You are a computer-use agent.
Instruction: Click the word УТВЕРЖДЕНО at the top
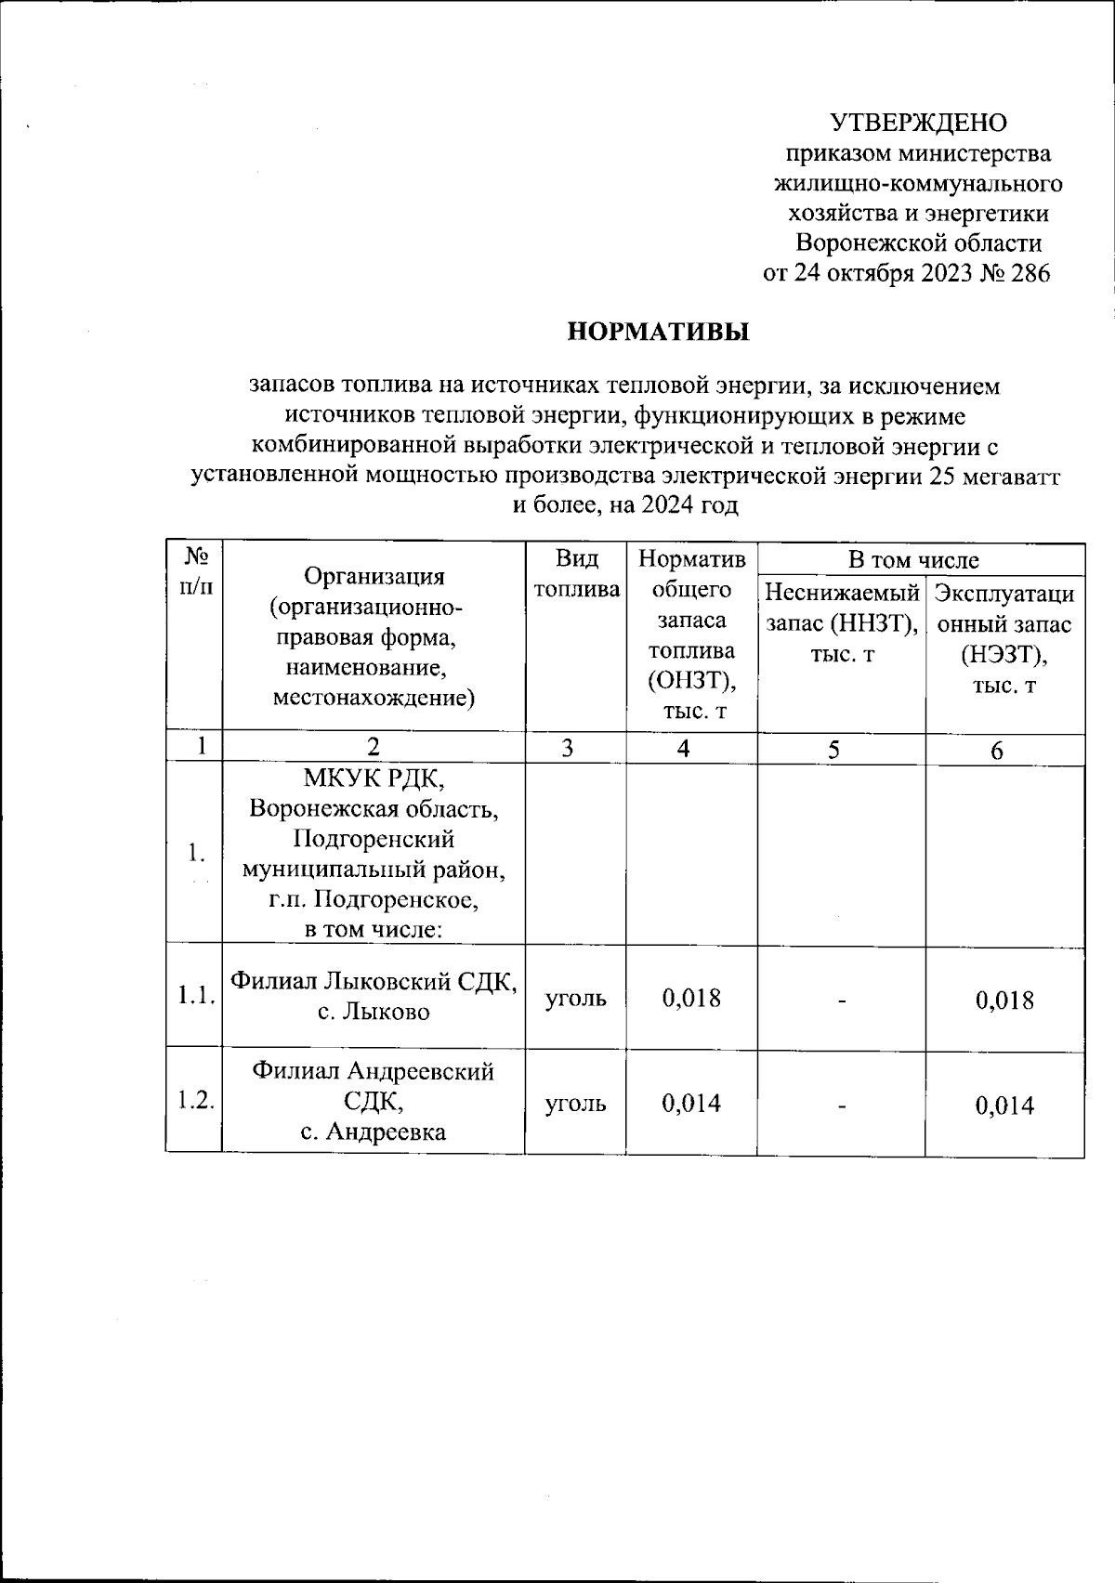(x=918, y=123)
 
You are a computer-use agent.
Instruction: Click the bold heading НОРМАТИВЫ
(x=659, y=332)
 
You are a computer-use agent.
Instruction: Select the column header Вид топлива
(x=576, y=574)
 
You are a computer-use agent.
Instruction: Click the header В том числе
(x=913, y=560)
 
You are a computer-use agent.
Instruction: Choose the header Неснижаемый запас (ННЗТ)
(x=841, y=622)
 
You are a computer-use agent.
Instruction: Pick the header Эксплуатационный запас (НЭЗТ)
(x=1005, y=639)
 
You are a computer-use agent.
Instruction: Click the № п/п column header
(x=195, y=571)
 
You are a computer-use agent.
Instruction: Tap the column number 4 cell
(x=683, y=749)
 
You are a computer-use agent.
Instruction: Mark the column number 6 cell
(x=996, y=751)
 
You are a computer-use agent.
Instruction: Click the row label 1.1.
(x=196, y=998)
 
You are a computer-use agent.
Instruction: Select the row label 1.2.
(x=196, y=1103)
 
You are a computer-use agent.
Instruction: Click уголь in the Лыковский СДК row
(x=576, y=999)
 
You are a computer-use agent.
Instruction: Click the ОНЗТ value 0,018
(x=691, y=999)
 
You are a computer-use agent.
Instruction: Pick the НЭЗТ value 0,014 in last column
(x=1004, y=1105)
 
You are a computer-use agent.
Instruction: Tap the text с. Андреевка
(x=373, y=1132)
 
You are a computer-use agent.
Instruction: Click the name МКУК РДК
(x=374, y=778)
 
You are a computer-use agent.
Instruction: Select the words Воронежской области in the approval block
(x=919, y=244)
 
